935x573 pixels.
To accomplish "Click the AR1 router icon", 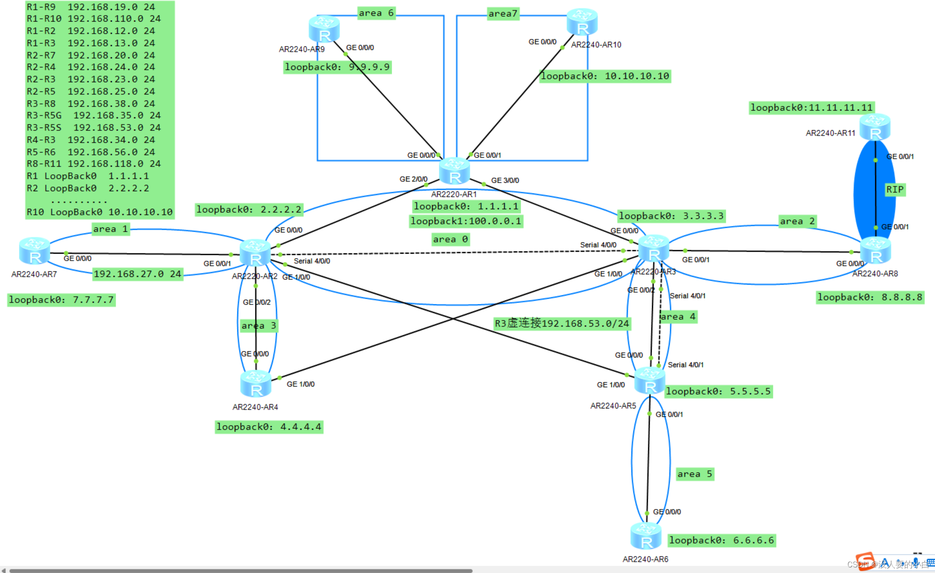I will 454,172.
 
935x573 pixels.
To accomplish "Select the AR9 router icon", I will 324,29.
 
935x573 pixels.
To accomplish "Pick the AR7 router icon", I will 34,251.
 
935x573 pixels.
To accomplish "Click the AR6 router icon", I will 646,536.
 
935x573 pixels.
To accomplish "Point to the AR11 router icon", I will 875,128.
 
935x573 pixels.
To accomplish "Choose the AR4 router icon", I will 256,384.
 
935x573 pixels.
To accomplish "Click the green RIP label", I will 895,190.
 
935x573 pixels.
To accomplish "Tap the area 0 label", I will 450,239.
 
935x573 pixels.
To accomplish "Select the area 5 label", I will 695,474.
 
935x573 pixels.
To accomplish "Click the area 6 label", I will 376,13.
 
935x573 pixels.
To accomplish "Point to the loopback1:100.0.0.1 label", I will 466,221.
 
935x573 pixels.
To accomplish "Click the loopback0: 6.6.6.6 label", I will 721,540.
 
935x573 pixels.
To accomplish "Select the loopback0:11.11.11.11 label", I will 811,107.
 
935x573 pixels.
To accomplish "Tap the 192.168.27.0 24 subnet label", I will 138,274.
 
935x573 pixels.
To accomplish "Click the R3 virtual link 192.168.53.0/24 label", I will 561,323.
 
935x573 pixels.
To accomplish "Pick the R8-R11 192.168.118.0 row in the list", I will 93,164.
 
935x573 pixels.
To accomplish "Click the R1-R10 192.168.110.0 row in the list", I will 93,19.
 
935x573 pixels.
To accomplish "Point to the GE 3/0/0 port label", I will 505,181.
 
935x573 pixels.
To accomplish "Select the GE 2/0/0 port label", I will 413,179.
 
